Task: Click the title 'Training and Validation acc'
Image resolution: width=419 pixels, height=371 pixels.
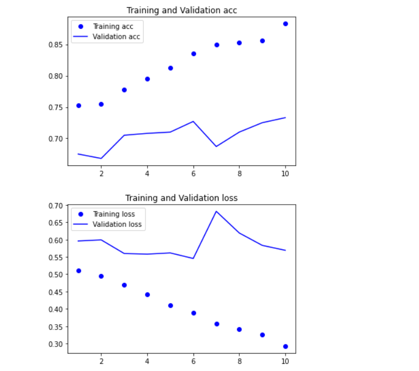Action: (181, 10)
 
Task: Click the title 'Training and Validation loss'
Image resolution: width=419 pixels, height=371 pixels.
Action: (181, 198)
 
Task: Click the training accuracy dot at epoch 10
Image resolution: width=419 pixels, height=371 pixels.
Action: (285, 24)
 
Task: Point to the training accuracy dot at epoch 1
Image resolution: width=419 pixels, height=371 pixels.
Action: (78, 106)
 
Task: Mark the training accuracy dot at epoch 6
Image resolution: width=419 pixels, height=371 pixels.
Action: (193, 54)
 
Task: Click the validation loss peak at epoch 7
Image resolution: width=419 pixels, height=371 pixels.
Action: (216, 211)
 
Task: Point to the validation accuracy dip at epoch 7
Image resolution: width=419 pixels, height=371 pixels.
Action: (216, 146)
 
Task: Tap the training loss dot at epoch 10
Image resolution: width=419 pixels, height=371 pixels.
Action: (285, 346)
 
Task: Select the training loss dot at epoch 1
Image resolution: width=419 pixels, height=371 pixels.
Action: (78, 271)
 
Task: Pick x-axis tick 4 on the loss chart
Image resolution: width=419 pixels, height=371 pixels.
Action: (147, 361)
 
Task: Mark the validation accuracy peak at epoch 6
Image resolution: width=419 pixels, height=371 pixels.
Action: (193, 121)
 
